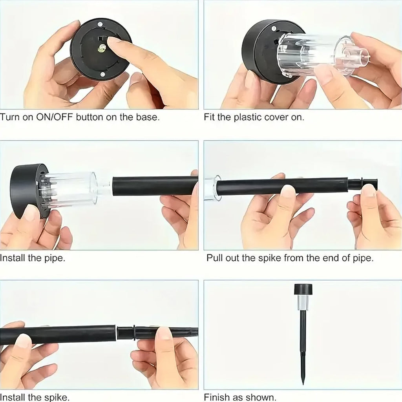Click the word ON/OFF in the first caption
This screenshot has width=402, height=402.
[x=52, y=117]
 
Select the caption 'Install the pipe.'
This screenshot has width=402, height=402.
[x=33, y=258]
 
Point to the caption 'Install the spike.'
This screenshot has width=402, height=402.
[x=35, y=397]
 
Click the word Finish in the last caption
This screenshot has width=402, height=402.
[x=216, y=397]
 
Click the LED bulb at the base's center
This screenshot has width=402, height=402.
[x=102, y=48]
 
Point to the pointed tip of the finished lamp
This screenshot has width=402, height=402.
[x=303, y=382]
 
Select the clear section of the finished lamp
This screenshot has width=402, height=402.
[x=303, y=303]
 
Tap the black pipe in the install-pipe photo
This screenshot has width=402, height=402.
[x=155, y=186]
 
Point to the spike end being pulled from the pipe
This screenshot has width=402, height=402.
[x=363, y=184]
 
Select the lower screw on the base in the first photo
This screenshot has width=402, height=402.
[x=103, y=74]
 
